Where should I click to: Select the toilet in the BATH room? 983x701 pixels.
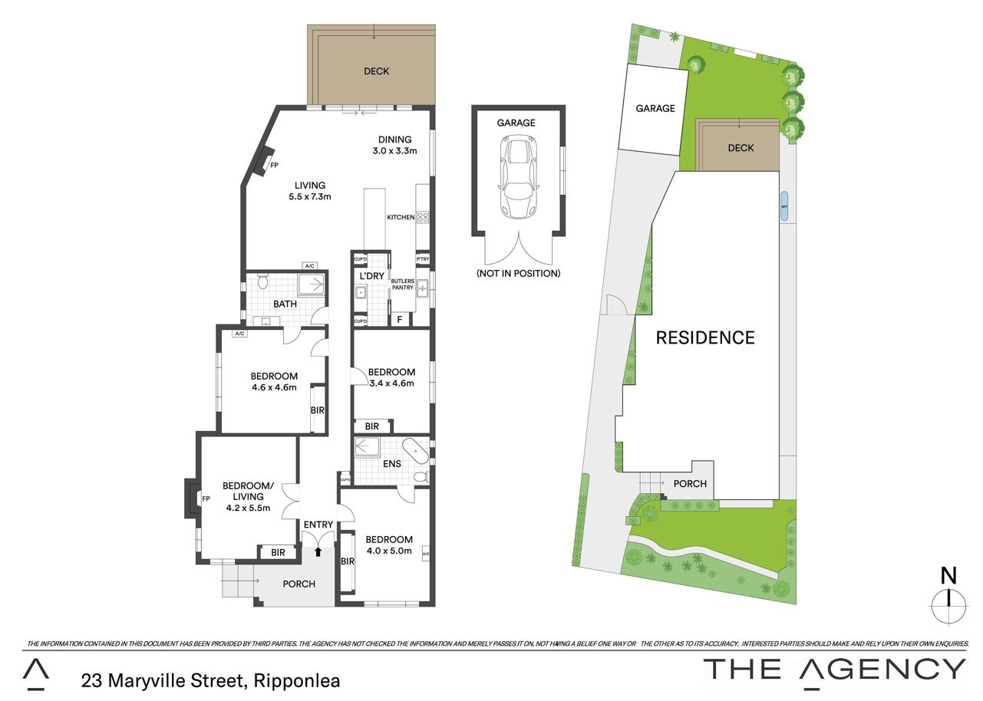(263, 281)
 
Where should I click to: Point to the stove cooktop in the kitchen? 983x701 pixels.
(423, 217)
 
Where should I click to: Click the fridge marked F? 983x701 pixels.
(400, 319)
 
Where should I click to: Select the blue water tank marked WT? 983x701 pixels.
(783, 206)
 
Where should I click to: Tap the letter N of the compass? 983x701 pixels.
(948, 576)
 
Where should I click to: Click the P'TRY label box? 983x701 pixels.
(423, 259)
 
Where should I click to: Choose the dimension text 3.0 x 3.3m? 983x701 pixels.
(394, 151)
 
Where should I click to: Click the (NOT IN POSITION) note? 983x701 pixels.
(518, 273)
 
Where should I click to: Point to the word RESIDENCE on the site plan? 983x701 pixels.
(705, 337)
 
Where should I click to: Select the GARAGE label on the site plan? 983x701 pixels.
(655, 108)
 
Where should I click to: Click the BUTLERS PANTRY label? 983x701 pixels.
(402, 285)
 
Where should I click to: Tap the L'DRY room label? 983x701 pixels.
(371, 276)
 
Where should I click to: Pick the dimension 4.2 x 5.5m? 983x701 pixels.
(248, 508)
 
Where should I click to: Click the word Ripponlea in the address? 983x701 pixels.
(297, 680)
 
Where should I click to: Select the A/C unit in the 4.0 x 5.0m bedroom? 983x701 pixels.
(425, 554)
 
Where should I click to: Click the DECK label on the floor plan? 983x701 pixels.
(377, 71)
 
